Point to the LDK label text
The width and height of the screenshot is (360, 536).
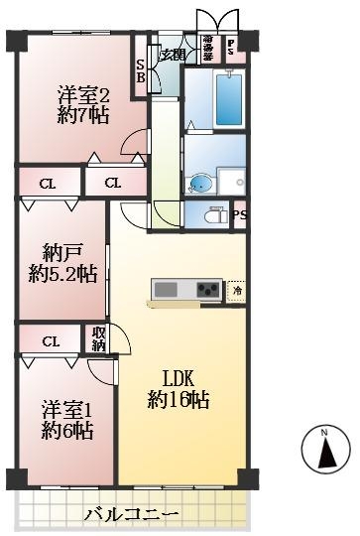coord(179,378)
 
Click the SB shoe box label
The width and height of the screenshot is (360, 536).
coord(141,69)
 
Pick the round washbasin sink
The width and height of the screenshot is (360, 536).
coord(200,183)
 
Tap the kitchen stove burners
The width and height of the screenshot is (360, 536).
coord(208,290)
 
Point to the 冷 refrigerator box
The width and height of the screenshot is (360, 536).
coord(237,290)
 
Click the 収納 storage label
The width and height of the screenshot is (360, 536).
coord(99,338)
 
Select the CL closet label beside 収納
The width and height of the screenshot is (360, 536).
coord(50,341)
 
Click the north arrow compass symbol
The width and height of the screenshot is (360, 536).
coord(325,453)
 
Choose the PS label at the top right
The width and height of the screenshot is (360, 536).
coord(231,46)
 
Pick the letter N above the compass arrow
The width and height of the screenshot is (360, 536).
coord(325,433)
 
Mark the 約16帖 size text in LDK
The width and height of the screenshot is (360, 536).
coord(179,400)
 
